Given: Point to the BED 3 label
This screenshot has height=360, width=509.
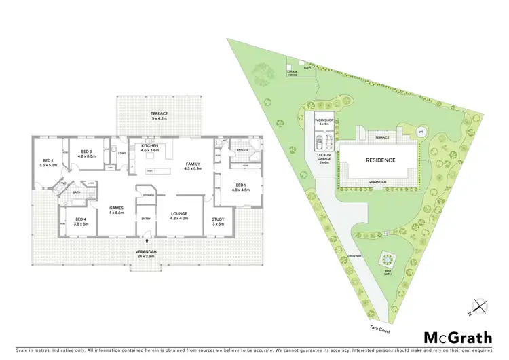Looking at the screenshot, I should coord(86,154).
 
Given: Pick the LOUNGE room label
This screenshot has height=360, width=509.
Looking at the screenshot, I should coord(178,215).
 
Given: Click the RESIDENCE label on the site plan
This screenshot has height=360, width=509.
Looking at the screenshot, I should coord(380,160).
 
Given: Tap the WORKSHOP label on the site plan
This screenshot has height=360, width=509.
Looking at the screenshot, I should coord(324,122).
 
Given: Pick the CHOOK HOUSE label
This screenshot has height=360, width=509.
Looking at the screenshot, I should coord(293,71).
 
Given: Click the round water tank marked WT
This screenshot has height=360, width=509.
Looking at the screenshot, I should coord(421,132).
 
